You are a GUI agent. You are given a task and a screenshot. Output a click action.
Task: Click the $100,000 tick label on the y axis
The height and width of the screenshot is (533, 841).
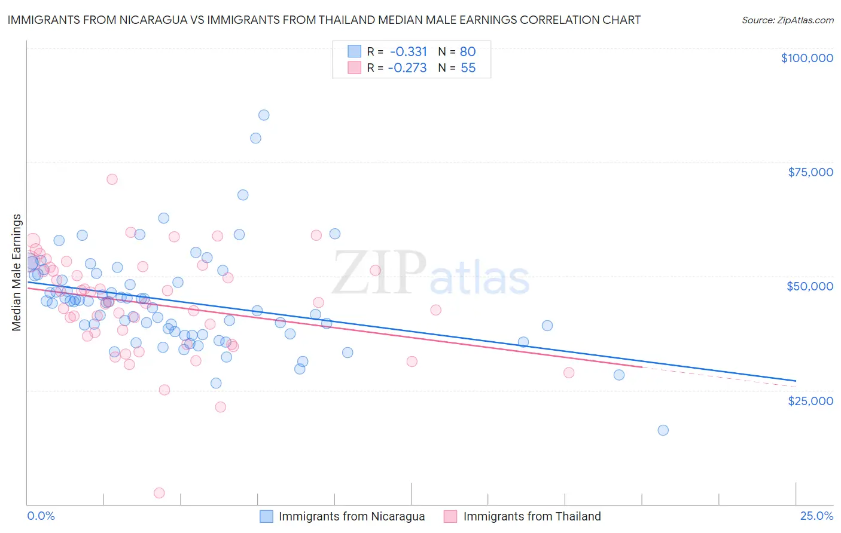pyautogui.click(x=806, y=58)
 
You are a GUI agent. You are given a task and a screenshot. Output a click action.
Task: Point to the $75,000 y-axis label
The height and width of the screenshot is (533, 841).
pyautogui.click(x=810, y=172)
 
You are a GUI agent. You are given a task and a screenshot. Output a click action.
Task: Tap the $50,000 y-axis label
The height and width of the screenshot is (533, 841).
pyautogui.click(x=809, y=286)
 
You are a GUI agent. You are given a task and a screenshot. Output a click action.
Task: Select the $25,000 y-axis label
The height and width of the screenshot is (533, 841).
pyautogui.click(x=810, y=400)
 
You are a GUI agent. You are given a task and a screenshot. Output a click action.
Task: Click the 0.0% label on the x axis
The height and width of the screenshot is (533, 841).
pyautogui.click(x=41, y=516)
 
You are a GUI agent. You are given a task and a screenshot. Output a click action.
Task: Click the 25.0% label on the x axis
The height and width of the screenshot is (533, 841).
pyautogui.click(x=816, y=516)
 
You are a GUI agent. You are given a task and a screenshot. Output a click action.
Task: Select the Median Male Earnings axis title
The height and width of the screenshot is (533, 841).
pyautogui.click(x=17, y=272)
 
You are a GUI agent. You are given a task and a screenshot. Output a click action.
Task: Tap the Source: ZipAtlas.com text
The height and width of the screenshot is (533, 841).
pyautogui.click(x=787, y=20)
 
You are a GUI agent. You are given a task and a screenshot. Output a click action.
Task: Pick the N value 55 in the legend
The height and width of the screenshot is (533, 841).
pyautogui.click(x=468, y=68)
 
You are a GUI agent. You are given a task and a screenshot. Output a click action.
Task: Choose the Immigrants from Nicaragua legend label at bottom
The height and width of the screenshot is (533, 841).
pyautogui.click(x=352, y=516)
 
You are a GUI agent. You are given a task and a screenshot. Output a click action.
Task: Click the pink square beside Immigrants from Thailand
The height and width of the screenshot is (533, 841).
pyautogui.click(x=450, y=516)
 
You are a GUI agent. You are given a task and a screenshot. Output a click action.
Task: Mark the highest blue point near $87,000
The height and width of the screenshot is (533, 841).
pyautogui.click(x=264, y=115)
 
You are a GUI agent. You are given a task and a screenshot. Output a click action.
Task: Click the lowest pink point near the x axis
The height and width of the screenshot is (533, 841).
pyautogui.click(x=159, y=493)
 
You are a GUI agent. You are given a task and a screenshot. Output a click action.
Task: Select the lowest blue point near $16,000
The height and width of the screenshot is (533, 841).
pyautogui.click(x=663, y=430)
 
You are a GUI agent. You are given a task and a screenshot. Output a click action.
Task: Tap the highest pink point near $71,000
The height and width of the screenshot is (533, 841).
pyautogui.click(x=112, y=179)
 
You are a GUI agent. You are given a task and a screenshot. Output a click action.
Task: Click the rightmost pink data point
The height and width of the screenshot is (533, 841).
pyautogui.click(x=569, y=373)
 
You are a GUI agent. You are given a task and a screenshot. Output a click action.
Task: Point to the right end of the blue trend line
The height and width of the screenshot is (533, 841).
pyautogui.click(x=796, y=381)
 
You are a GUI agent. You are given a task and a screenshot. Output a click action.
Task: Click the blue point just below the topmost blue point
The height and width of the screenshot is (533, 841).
pyautogui.click(x=255, y=138)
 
